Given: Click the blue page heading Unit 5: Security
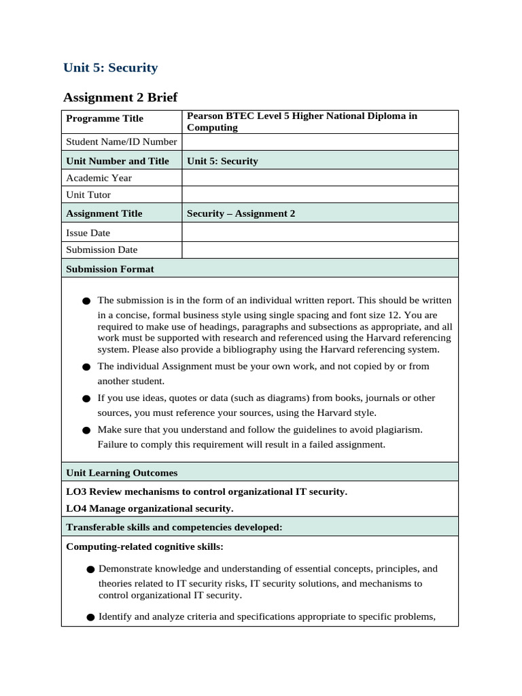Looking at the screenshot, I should [110, 67].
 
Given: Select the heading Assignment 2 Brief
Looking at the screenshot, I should [120, 97].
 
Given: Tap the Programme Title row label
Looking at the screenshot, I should [105, 119].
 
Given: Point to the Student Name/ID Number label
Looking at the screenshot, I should [121, 142].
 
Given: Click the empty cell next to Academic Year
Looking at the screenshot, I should [319, 178].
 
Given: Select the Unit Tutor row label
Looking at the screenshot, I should [88, 195].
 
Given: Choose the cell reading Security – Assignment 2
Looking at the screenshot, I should [241, 213].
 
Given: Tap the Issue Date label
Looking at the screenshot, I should [88, 232].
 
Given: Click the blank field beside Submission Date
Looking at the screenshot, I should [319, 249].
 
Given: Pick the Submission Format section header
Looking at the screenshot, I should [110, 269].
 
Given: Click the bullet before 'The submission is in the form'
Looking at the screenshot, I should [86, 300].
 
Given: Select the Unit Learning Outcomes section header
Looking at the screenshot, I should [122, 472].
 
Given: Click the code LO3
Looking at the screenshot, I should [76, 491].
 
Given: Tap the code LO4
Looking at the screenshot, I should [76, 508].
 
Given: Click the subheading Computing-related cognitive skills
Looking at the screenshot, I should [144, 546].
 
